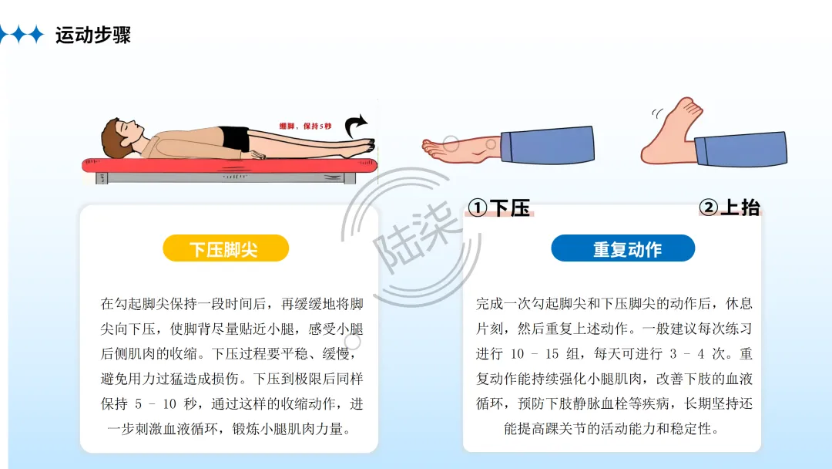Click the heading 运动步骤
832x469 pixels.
point(93,35)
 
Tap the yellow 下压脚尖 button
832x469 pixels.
point(226,248)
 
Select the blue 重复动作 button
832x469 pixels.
point(623,248)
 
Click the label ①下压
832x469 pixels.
point(499,208)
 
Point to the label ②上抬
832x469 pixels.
point(730,208)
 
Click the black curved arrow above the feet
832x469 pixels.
point(355,126)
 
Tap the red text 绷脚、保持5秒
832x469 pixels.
point(305,127)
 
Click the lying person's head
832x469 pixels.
point(122,137)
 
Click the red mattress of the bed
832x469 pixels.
point(230,165)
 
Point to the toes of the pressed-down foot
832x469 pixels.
point(432,149)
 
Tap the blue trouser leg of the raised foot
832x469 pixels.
point(741,149)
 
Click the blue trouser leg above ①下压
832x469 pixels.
point(547,144)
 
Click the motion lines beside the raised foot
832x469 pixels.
point(657,113)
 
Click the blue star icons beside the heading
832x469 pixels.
point(22,35)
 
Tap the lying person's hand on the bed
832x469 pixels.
point(257,155)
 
